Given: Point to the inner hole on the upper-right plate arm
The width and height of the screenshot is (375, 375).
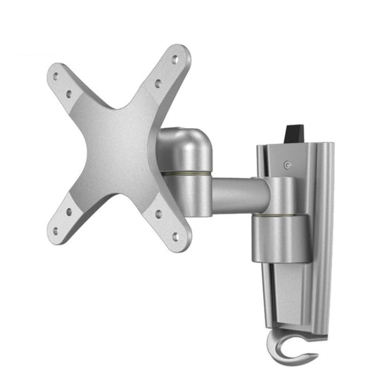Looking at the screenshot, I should click(x=158, y=83).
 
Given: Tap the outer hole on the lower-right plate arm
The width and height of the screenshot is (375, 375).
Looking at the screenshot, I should click(x=175, y=237).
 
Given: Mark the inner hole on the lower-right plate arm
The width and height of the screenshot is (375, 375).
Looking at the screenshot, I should click(x=158, y=214).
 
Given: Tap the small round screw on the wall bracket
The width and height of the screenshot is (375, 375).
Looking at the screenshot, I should click(x=287, y=166).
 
